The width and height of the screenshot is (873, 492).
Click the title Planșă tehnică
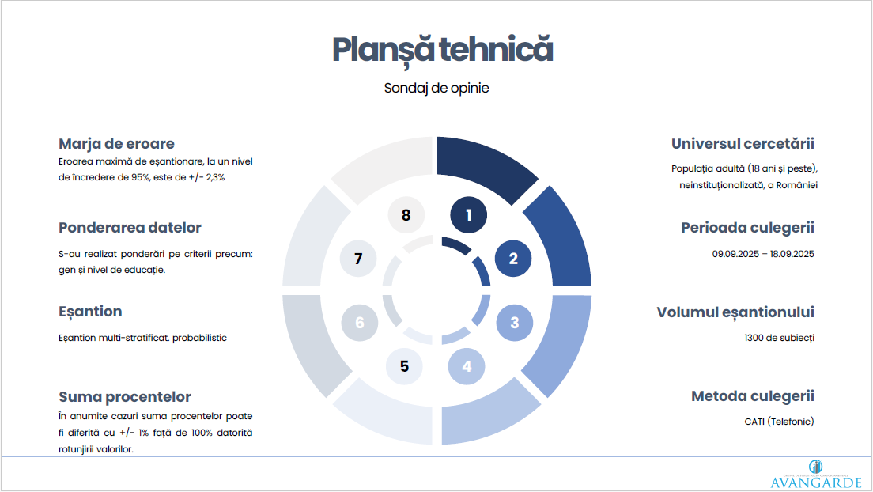coord(443,50)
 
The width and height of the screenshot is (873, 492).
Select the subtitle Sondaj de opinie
coord(436,88)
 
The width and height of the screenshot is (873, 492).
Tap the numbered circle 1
coord(468,214)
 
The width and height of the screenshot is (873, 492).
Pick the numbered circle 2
coord(512,259)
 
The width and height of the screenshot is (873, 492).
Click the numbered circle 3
coord(515,323)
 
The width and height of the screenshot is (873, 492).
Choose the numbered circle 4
coord(467,366)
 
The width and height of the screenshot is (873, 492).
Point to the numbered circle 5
coord(404,366)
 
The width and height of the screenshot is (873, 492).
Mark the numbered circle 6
coord(359,323)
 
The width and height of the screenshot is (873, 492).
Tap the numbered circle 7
coord(358,259)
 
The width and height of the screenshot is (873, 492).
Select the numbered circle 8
coord(406,214)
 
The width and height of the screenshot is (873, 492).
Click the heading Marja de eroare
coord(116,144)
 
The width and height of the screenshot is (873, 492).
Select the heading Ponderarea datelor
coord(130,227)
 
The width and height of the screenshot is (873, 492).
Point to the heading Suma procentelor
coord(125,397)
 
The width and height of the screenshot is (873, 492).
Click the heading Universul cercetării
coord(743,144)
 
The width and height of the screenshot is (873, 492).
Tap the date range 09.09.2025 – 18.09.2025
coord(763,254)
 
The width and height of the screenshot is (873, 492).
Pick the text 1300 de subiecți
coord(779,338)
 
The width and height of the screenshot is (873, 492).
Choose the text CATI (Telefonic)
coord(779,422)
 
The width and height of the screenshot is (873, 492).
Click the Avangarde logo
coord(816,475)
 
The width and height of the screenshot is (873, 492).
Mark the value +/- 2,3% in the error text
coord(207,178)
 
